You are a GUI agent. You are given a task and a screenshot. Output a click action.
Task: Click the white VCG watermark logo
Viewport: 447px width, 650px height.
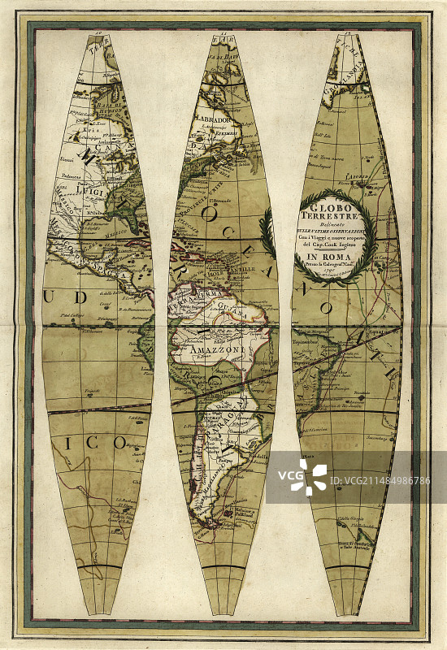point(315,476)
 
